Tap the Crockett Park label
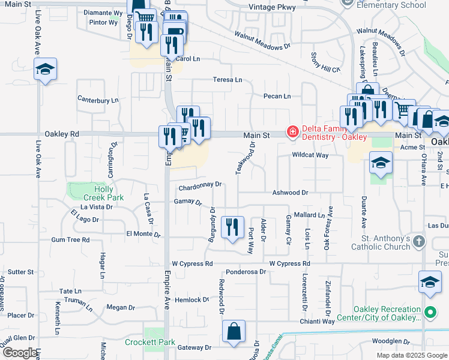point(150,343)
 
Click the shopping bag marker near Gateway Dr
point(234,331)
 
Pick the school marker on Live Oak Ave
point(45,70)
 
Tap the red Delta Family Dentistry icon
point(293,131)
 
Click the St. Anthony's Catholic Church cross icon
point(419,242)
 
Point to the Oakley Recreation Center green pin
point(430,313)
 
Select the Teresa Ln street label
point(228,80)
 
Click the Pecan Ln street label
point(277,96)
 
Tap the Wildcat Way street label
point(310,155)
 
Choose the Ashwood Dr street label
point(290,193)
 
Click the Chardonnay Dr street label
point(199,185)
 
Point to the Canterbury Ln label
point(98,100)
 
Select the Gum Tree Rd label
point(70,239)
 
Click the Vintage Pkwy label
point(268,8)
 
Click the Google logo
point(20,353)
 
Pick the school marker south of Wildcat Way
point(381,163)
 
